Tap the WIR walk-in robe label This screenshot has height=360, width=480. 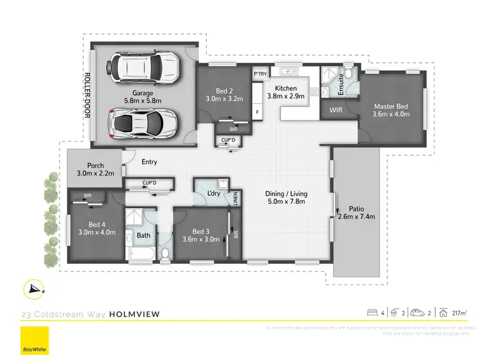[336, 110]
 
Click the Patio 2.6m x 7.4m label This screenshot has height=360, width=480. [356, 212]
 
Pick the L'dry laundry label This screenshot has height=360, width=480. [214, 193]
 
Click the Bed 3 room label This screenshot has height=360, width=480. [201, 235]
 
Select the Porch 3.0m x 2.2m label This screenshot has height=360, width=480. [90, 169]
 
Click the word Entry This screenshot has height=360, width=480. [148, 162]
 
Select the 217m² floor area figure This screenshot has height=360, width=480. [458, 313]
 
